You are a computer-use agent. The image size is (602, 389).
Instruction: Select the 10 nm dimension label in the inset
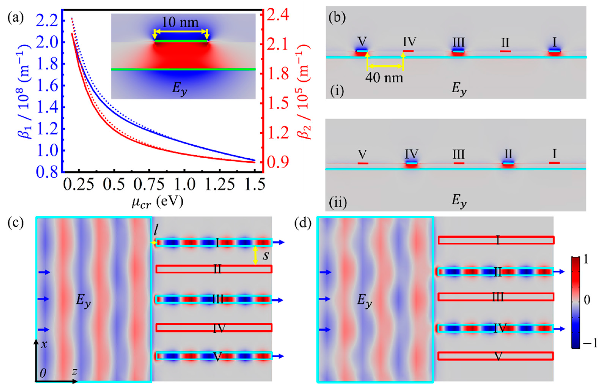click(180, 23)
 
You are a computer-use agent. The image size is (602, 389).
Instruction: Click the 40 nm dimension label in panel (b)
click(384, 78)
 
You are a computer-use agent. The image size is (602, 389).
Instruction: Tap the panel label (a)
click(16, 18)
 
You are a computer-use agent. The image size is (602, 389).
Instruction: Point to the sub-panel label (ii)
click(338, 203)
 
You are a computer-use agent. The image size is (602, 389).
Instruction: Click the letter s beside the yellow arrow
click(266, 256)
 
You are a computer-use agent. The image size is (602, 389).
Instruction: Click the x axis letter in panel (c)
click(44, 344)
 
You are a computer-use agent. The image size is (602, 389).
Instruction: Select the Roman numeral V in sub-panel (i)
click(362, 41)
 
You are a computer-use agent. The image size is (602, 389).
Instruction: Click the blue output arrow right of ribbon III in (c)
click(279, 300)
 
